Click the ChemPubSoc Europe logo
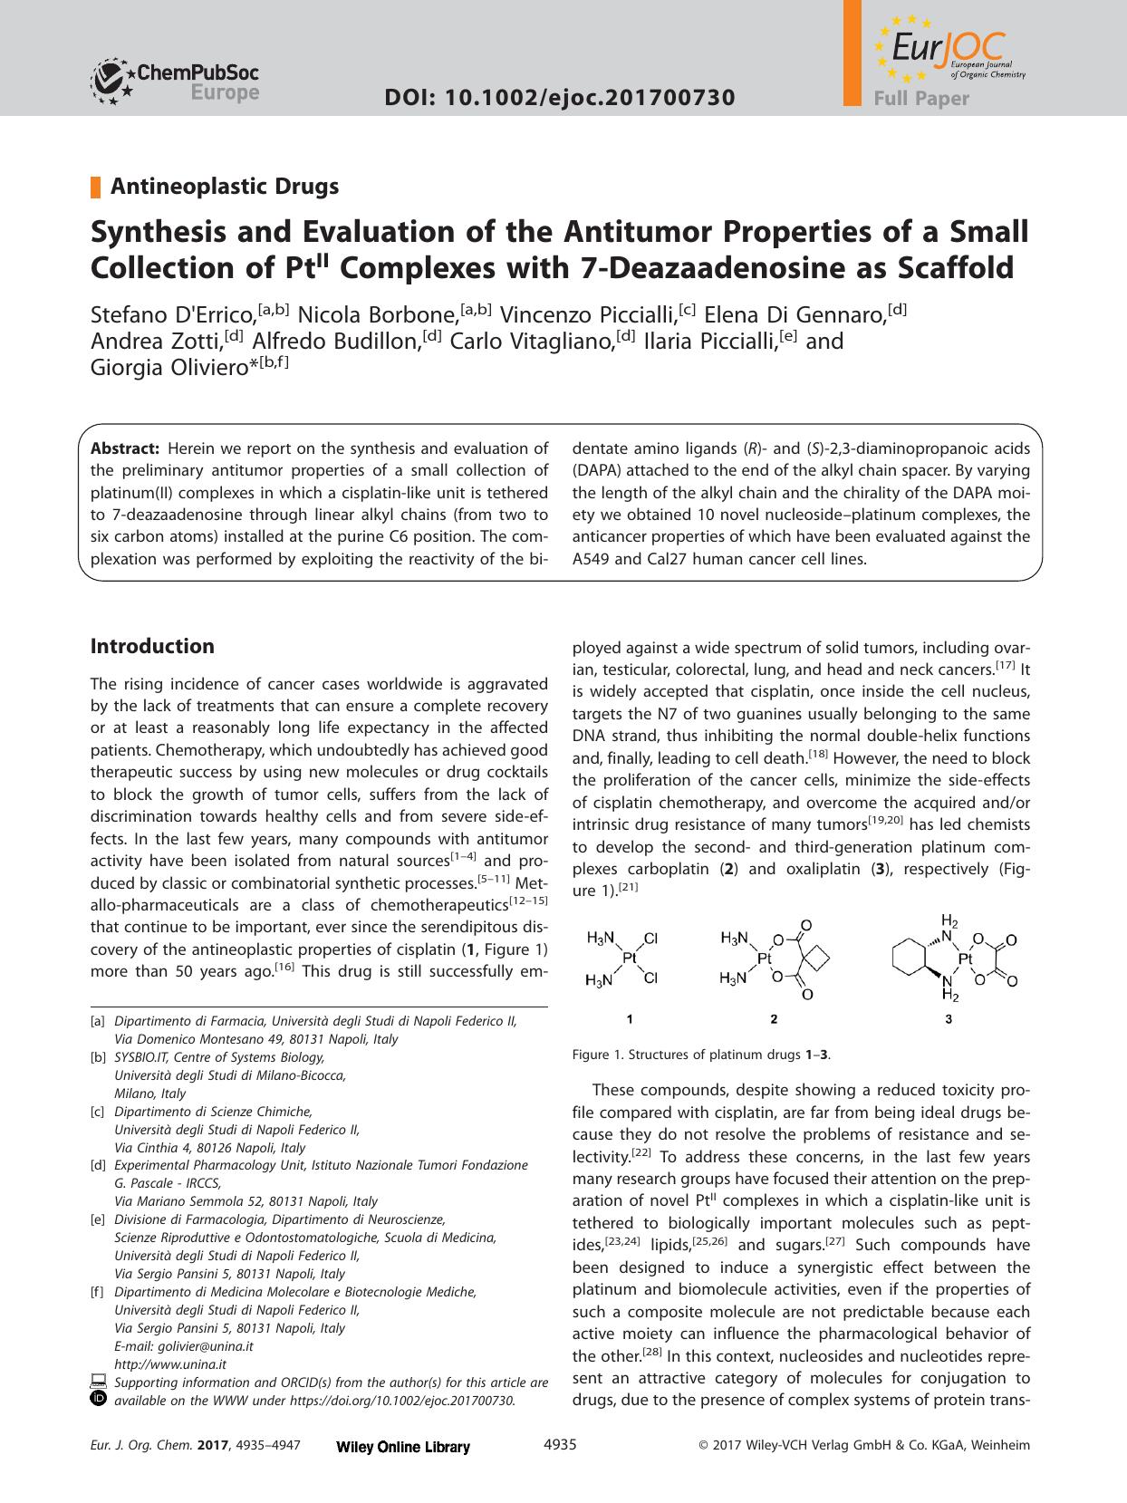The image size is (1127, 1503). coord(174,80)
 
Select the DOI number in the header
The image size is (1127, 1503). coord(559,97)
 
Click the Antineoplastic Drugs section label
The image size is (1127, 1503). coord(224,187)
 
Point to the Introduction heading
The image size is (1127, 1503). coord(152,646)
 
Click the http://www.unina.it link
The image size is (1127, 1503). coord(170,1364)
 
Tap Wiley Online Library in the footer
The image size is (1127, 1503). coord(403,1448)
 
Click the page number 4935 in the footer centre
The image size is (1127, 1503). coord(559,1445)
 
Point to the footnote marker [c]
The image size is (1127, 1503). coord(98,1112)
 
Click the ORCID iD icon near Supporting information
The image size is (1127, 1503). coord(99,1400)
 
